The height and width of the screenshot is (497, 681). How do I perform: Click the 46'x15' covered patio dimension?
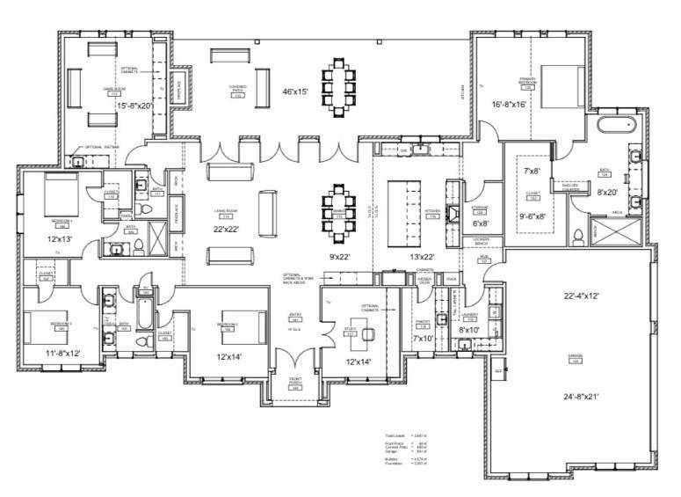[294, 91]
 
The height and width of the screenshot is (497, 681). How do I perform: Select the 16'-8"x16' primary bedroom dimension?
[510, 105]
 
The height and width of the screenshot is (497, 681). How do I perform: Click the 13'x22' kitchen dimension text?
[405, 256]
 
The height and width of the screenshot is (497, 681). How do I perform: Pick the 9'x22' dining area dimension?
[338, 257]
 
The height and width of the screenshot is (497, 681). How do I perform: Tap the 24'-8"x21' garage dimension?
[575, 397]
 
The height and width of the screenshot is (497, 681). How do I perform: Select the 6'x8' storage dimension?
[480, 223]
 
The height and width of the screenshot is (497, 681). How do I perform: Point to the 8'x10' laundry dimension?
[469, 330]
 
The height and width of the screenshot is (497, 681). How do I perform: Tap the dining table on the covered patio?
[339, 81]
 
